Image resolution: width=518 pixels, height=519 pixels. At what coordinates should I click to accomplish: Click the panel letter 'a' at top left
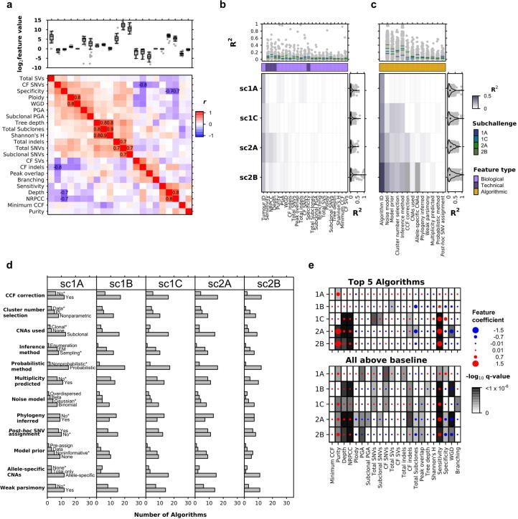point(6,6)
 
